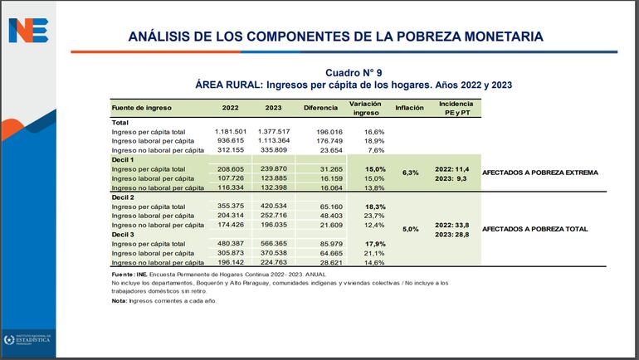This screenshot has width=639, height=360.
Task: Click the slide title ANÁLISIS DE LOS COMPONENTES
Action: tap(336, 36)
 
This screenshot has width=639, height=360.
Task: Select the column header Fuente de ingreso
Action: tap(143, 108)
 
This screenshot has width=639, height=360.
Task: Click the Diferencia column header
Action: tap(319, 108)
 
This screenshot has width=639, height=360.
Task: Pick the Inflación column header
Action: tap(409, 108)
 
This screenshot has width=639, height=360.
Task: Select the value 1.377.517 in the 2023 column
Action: tap(273, 132)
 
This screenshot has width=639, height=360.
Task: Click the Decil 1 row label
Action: tap(124, 159)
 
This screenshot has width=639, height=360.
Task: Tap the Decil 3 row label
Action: tap(124, 234)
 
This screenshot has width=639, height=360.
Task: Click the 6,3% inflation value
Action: tap(409, 173)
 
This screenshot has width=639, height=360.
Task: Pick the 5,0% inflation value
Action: tap(409, 229)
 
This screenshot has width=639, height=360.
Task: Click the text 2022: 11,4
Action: tap(456, 168)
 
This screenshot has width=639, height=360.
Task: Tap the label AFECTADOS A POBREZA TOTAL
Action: tap(534, 229)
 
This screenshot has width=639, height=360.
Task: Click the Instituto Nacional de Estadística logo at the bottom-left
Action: tap(27, 339)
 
